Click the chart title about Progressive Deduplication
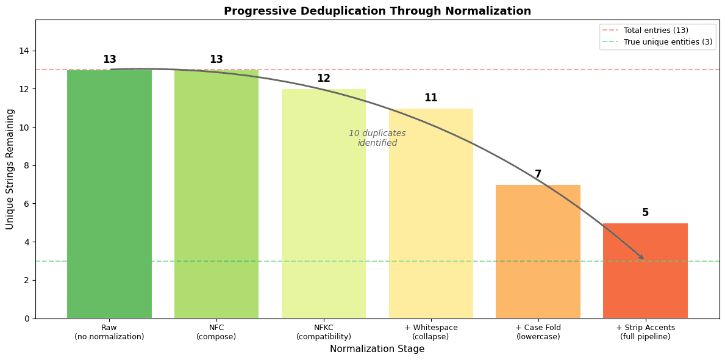point(377,11)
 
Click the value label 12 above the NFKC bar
point(324,79)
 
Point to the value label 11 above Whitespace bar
point(431,98)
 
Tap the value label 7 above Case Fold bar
point(538,175)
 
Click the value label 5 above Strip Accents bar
point(645,213)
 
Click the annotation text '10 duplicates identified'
point(377,138)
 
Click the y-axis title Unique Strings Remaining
point(10,169)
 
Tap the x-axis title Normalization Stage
point(377,349)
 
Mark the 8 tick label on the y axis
point(25,165)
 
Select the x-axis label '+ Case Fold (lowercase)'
point(538,332)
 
